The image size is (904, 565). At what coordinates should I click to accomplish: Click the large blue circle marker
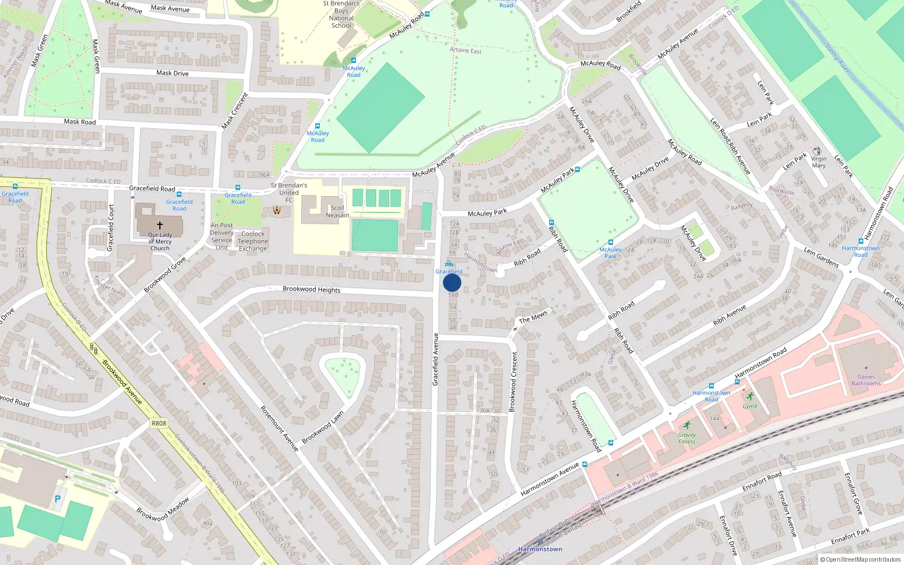coord(452,282)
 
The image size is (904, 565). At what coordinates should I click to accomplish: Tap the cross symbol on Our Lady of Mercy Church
coord(160,225)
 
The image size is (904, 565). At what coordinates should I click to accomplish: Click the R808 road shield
coord(159,423)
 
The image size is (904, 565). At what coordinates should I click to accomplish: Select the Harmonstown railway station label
coord(540,549)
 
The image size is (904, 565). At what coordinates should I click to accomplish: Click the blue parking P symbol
coord(57,499)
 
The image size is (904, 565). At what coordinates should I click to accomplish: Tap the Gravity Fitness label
coord(686,438)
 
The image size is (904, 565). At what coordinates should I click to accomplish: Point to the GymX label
coord(750,406)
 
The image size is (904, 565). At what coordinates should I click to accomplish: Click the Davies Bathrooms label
coord(866,380)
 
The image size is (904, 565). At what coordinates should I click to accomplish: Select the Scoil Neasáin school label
coord(337,211)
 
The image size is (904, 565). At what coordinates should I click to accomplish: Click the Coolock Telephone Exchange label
coord(253,241)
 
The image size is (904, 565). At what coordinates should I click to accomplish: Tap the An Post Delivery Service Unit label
coord(221,236)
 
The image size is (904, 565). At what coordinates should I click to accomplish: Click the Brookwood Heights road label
coord(311,289)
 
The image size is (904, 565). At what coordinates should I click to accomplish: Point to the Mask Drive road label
coord(172,73)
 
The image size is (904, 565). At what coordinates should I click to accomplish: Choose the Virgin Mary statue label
coord(818,162)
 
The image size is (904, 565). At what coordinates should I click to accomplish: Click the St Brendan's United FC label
coord(289,192)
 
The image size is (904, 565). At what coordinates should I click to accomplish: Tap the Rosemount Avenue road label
coord(279,428)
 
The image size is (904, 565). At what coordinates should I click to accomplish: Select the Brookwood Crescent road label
coord(514,382)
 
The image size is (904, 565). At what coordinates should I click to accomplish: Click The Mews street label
coord(533,316)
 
